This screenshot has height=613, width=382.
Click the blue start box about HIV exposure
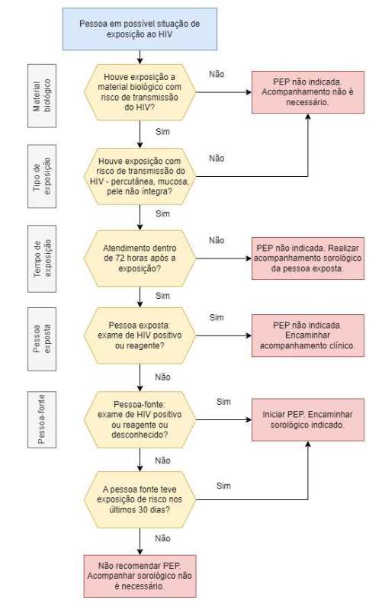click(x=140, y=29)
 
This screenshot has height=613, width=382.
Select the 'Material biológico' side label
click(x=42, y=96)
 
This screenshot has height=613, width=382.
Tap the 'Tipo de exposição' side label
click(x=42, y=176)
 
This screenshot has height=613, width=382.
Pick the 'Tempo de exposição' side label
click(x=42, y=258)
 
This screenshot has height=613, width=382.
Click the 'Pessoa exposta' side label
click(x=42, y=339)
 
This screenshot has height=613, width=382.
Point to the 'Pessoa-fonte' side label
click(x=42, y=419)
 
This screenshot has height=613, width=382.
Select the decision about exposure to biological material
click(x=140, y=92)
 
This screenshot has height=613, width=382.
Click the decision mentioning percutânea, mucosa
click(x=140, y=176)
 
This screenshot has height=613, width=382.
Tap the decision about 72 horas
click(x=140, y=258)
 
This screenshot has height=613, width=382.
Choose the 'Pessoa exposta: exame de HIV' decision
click(x=140, y=335)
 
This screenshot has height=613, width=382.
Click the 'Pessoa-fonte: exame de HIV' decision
click(x=140, y=420)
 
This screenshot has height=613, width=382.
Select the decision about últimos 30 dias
click(x=140, y=499)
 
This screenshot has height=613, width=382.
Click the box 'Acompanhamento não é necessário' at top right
click(x=308, y=92)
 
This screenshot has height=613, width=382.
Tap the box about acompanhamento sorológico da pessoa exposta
click(x=308, y=258)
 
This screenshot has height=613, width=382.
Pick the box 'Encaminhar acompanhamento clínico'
click(x=308, y=335)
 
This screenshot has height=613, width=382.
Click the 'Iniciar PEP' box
click(x=308, y=420)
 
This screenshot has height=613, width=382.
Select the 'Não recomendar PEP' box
click(x=140, y=576)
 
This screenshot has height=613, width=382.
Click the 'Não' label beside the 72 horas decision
click(x=217, y=240)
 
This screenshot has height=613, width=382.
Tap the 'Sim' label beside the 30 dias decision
click(x=223, y=486)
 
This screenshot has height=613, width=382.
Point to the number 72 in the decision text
click(x=120, y=258)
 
